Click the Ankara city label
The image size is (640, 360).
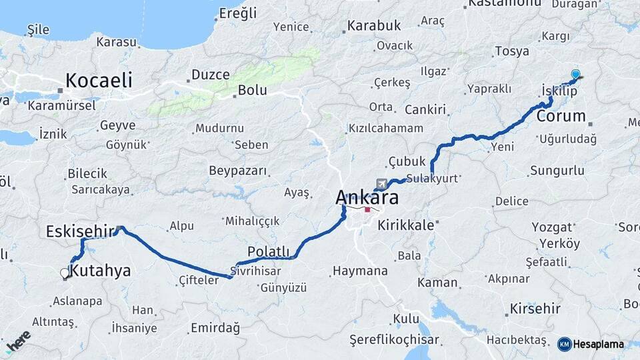[367, 197]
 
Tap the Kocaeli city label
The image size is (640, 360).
[99, 81]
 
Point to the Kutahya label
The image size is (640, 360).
[100, 271]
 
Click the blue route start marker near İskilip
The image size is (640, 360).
[575, 75]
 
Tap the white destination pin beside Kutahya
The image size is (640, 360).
[65, 273]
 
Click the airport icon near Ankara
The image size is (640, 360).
[381, 184]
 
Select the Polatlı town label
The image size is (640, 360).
[269, 251]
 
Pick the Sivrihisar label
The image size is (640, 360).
[253, 272]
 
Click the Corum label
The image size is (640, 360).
[561, 116]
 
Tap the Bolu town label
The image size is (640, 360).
[253, 90]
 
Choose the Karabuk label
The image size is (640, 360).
[373, 25]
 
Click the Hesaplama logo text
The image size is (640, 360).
[598, 344]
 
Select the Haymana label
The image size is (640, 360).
[360, 271]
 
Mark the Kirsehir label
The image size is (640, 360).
[535, 309]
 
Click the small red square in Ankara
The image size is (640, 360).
[367, 209]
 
